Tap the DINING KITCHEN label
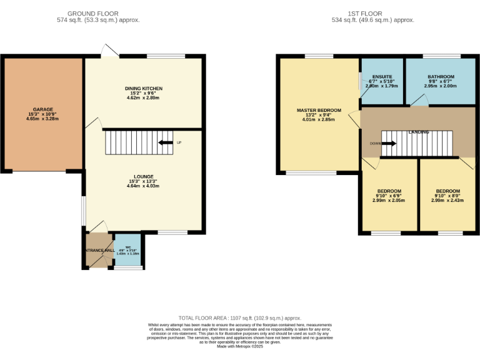click(x=144, y=89)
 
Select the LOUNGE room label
click(x=144, y=176)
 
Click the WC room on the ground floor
click(x=127, y=250)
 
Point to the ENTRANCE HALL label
click(x=99, y=251)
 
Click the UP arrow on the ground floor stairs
click(x=166, y=142)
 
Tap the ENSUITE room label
click(x=382, y=77)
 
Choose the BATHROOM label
click(x=441, y=77)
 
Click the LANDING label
click(x=419, y=132)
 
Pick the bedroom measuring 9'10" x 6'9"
click(x=389, y=191)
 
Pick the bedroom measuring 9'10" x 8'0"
click(x=447, y=191)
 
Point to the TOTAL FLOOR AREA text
click(x=240, y=317)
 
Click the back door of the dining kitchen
click(x=110, y=51)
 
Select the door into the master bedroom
click(x=354, y=119)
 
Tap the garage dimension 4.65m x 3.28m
click(x=42, y=118)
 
